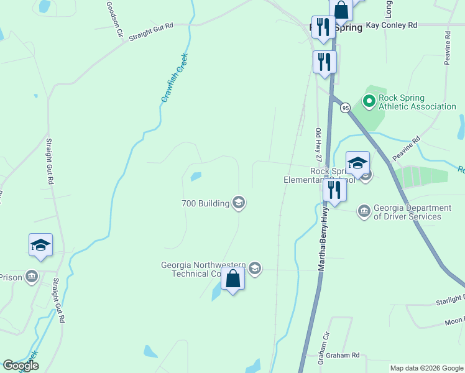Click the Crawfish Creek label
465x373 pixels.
174,78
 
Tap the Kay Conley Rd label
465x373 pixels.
391,25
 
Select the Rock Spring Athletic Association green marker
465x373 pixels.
369,100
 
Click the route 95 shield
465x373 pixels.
345,108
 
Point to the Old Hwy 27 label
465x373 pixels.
318,147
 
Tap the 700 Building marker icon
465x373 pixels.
239,203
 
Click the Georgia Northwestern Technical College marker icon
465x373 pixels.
254,269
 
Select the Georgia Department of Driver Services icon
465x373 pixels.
364,212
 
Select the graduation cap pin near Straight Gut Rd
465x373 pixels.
40,245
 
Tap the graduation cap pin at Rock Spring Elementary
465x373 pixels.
357,163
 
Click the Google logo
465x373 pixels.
21,366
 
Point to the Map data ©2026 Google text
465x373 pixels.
426,368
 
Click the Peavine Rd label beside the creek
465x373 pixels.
408,147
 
